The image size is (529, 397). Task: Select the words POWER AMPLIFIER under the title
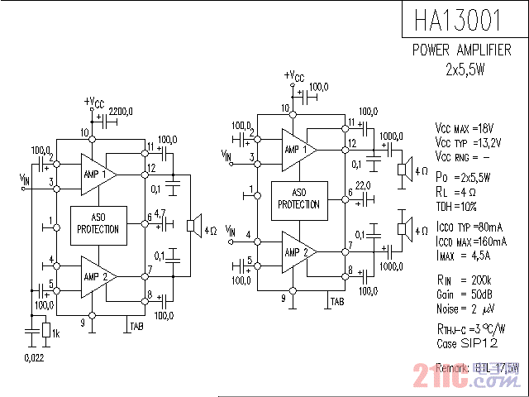(x=461, y=50)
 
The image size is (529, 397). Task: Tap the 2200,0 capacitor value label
(x=121, y=111)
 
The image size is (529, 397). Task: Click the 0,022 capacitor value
(x=34, y=357)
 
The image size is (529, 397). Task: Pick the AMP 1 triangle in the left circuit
(x=97, y=174)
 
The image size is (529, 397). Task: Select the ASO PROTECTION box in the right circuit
(x=299, y=199)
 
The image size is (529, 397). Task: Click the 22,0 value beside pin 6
(x=362, y=185)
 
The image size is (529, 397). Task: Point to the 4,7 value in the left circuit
(x=160, y=213)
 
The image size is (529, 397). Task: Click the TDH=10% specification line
(x=456, y=204)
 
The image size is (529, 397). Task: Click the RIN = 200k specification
(x=463, y=280)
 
